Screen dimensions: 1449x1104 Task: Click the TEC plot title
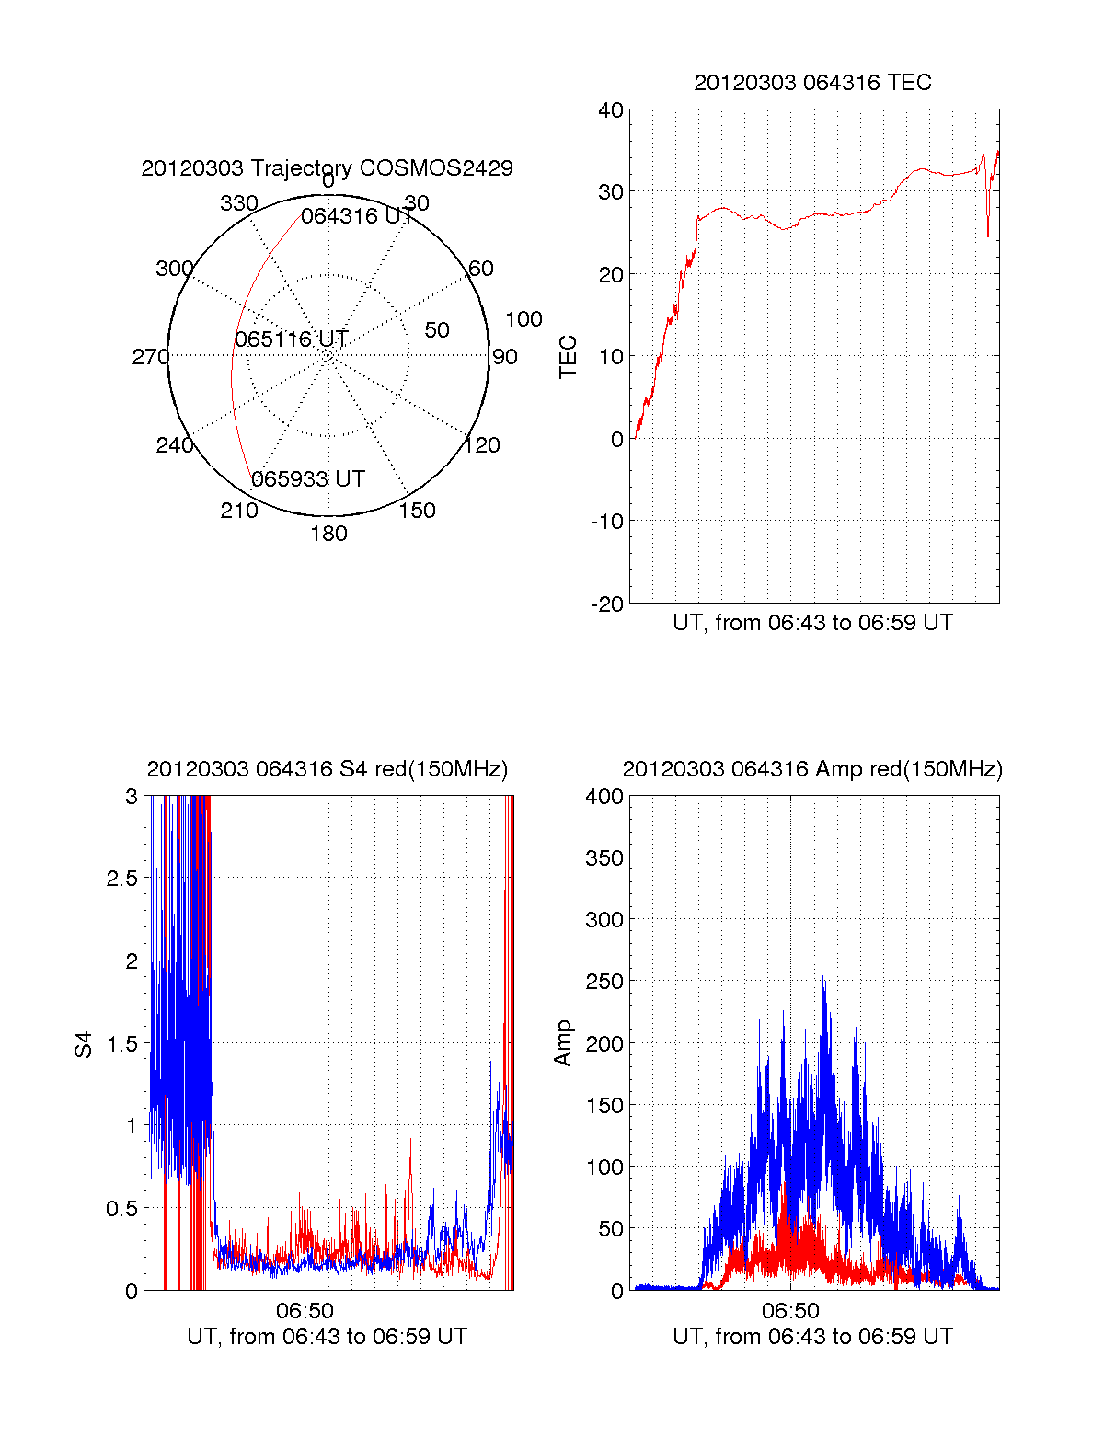812,83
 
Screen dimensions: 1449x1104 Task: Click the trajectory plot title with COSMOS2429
327,168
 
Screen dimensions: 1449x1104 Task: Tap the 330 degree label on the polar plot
238,203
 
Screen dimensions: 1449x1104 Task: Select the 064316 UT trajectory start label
357,216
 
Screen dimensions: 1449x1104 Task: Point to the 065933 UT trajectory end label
308,479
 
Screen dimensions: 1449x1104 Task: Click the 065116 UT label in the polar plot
291,339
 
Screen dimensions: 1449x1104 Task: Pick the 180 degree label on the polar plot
328,534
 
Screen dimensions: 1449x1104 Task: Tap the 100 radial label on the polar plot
523,319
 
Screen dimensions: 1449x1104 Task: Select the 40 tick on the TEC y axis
611,110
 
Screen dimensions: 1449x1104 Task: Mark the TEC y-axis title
568,357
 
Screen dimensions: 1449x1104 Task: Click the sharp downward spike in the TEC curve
988,236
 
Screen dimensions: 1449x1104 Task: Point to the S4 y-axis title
84,1044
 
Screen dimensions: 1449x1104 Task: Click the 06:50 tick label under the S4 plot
305,1310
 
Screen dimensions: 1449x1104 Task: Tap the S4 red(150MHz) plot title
327,769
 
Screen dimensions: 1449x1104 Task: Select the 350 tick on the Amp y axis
604,858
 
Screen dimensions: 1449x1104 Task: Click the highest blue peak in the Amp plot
823,979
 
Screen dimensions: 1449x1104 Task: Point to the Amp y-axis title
563,1042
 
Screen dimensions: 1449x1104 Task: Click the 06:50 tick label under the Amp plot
790,1310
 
